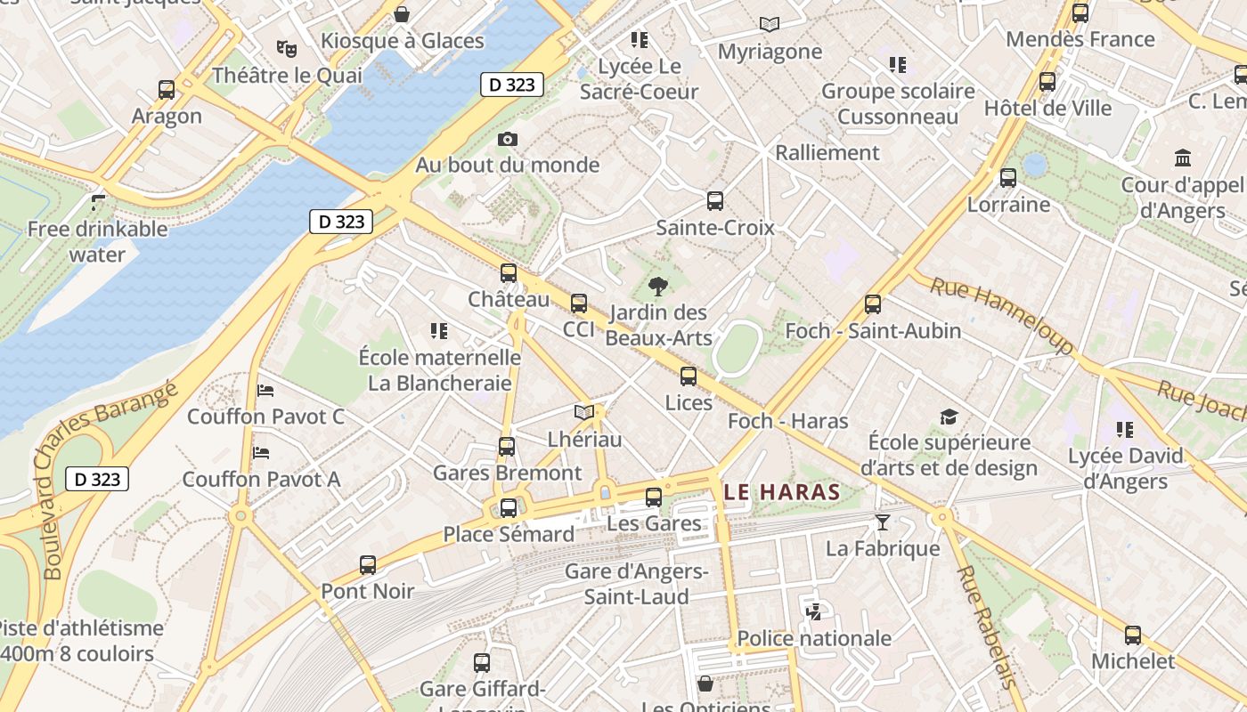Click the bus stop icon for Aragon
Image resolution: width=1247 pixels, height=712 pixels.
pos(167,89)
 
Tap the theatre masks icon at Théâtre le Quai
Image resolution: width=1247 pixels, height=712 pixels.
pos(286,48)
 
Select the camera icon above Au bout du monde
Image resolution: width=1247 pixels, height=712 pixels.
pos(508,139)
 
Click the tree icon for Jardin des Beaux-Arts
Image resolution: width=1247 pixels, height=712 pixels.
pos(658,286)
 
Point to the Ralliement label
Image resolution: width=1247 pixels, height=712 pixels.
pos(827,152)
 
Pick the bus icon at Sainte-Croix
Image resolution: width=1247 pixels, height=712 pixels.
pos(715,200)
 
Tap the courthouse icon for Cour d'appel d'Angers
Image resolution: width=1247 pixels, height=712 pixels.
pos(1184,158)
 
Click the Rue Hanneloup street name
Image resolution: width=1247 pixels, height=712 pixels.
pos(1002,315)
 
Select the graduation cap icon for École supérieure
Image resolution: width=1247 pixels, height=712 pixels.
pos(949,417)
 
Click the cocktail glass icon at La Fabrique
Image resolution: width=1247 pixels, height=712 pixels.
pos(883,522)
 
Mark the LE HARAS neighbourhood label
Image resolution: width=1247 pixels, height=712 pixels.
pos(781,491)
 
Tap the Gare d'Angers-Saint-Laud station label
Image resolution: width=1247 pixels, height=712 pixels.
pos(636,584)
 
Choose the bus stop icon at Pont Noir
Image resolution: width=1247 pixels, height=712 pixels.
pos(368,564)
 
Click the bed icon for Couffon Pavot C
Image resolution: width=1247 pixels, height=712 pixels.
pos(265,390)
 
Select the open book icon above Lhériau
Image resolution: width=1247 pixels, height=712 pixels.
pos(583,413)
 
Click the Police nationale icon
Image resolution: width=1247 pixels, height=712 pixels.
pos(813,611)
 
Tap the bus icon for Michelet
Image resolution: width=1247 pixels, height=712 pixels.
pos(1133,635)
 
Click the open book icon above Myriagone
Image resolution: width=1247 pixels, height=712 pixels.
pos(770,25)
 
